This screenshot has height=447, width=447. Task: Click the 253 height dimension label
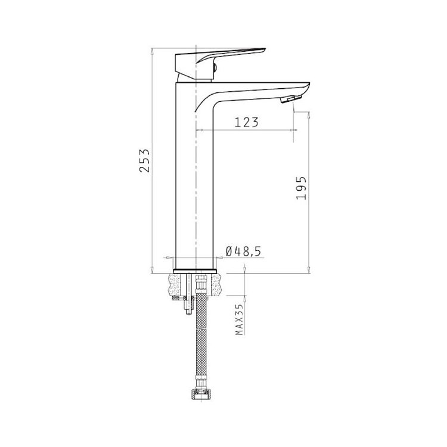pyautogui.click(x=145, y=160)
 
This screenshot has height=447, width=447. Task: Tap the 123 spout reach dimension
pyautogui.click(x=247, y=122)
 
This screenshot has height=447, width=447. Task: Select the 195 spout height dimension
pyautogui.click(x=302, y=188)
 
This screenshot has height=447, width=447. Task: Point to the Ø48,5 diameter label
pyautogui.click(x=243, y=251)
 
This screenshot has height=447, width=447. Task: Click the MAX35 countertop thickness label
pyautogui.click(x=240, y=319)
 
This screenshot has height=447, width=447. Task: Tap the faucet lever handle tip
pyautogui.click(x=265, y=49)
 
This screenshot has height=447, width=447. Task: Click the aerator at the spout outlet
pyautogui.click(x=291, y=99)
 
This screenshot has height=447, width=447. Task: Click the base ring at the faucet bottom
pyautogui.click(x=195, y=271)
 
